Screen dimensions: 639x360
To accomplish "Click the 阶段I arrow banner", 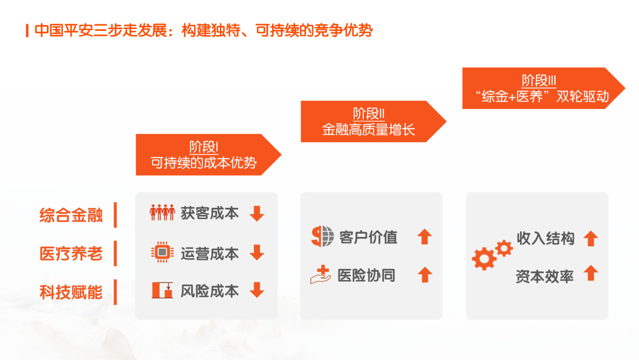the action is (208, 155).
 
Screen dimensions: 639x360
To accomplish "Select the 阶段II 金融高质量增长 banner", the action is (373, 121).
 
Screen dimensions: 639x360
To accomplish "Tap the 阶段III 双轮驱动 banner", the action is (543, 88).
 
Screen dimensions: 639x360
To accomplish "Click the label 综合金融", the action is (71, 216).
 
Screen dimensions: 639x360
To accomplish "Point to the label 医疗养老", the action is (71, 253).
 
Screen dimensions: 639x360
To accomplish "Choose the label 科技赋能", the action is (71, 292).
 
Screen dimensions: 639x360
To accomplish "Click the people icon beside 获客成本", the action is (162, 213).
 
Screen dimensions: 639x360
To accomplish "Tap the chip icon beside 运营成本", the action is (162, 252).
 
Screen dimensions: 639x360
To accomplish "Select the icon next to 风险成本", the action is (162, 290).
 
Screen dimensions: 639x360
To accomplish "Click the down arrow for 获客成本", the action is (257, 214).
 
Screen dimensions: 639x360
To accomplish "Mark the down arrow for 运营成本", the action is (257, 252).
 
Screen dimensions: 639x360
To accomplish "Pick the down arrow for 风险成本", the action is (257, 290).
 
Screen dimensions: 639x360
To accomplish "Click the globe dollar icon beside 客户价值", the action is (322, 236).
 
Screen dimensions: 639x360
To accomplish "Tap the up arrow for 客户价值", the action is (425, 236).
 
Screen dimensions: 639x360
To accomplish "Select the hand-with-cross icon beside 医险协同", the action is (321, 274).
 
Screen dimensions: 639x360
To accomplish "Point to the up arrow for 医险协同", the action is (425, 274).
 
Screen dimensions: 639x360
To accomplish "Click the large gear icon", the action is (484, 259).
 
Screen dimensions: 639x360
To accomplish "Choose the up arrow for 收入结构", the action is (591, 239).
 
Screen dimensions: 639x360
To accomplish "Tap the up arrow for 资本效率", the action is (591, 273).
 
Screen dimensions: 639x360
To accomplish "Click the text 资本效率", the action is (544, 277).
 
